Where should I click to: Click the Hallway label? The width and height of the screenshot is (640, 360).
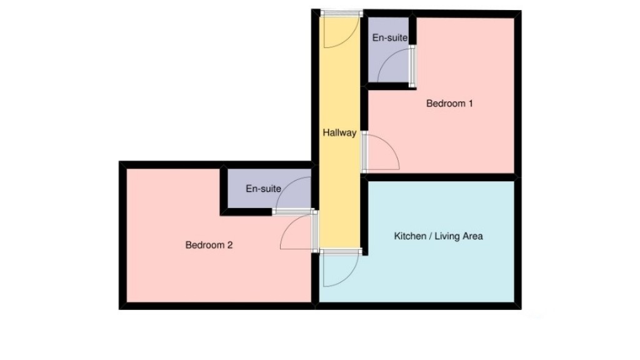click(339, 132)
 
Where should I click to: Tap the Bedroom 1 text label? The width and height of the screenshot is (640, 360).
click(449, 103)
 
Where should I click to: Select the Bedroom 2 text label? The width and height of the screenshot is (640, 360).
click(209, 245)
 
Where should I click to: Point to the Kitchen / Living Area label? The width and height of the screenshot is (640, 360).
click(438, 236)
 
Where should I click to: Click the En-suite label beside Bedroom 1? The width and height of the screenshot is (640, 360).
click(389, 37)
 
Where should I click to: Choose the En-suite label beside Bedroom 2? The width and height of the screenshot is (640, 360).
click(263, 188)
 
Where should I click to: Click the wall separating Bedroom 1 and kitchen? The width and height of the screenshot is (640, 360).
click(441, 177)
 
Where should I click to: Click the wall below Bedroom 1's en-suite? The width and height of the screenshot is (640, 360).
click(391, 86)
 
